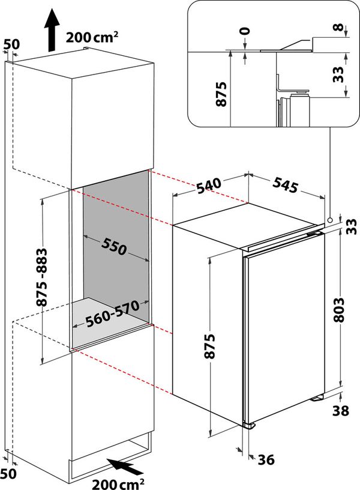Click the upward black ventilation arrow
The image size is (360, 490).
pos(52,30)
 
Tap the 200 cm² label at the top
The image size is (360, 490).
pos(92,37)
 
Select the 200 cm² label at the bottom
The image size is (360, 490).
pos(118,482)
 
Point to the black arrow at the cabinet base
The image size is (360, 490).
pos(124,465)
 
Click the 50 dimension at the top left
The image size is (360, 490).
pos(11,44)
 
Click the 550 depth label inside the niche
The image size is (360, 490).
pos(113,246)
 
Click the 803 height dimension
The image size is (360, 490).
pos(339,309)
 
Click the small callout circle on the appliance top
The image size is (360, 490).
pos(331,220)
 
